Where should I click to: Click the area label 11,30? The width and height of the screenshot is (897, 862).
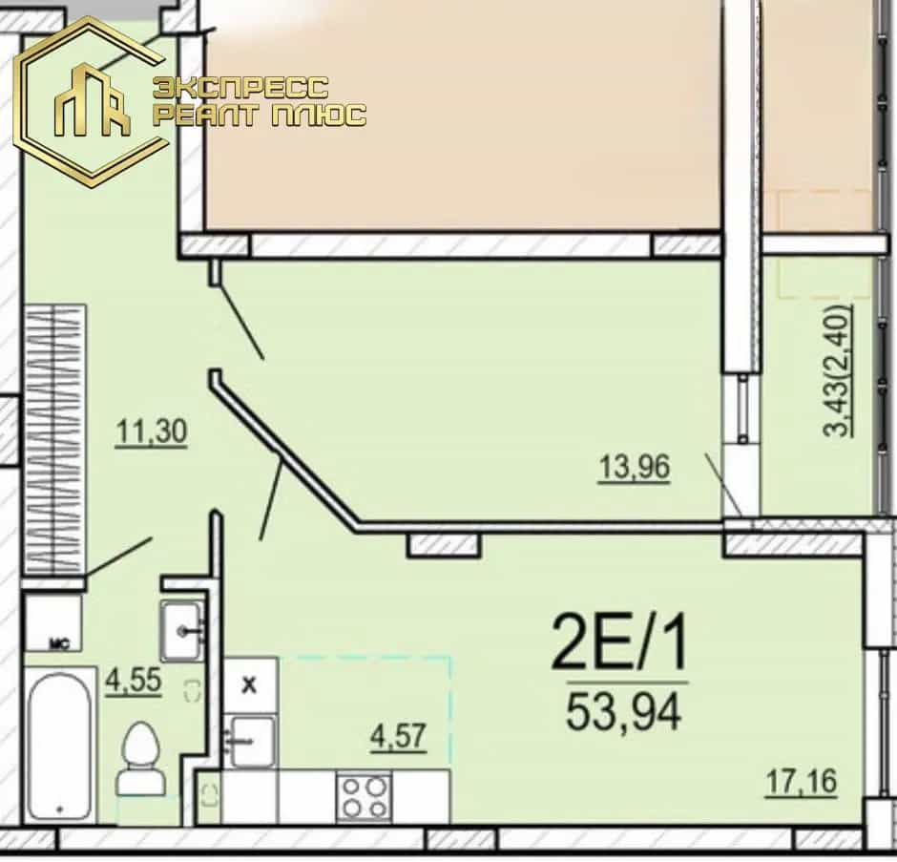tap(151, 431)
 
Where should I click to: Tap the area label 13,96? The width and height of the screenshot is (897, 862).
tap(634, 467)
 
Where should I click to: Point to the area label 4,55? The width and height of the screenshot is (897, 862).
tap(134, 681)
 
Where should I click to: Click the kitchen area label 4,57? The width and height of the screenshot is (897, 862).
tap(398, 736)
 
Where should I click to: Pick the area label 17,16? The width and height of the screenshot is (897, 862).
tap(801, 781)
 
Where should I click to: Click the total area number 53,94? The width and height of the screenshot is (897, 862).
tap(623, 711)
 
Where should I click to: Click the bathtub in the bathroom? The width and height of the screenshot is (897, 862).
tap(59, 745)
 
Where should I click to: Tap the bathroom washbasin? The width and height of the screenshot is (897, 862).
tap(182, 631)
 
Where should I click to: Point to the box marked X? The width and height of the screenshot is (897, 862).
tap(250, 684)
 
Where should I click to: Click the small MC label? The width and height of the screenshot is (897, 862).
tap(59, 645)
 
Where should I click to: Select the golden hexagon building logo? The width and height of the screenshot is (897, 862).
tap(92, 103)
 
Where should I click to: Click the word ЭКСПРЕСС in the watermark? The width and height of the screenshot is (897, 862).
tap(240, 88)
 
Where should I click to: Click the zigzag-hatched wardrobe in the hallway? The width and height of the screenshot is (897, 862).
tap(55, 439)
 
